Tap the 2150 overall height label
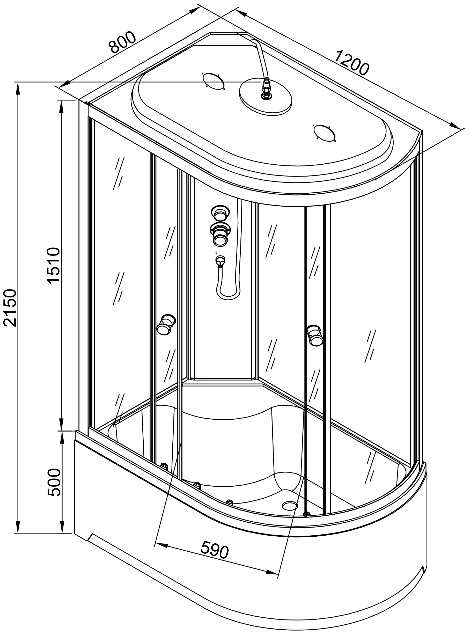point(11,308)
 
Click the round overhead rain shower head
point(266,97)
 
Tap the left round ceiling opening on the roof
point(213,81)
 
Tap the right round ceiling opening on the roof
point(324,133)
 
